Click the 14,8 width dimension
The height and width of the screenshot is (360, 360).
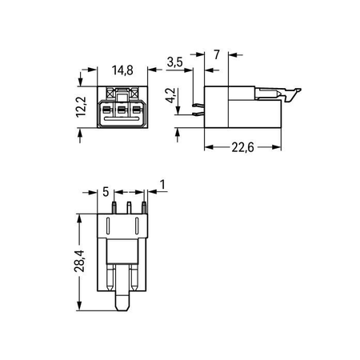click(x=122, y=70)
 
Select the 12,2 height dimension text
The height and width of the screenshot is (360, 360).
click(x=81, y=107)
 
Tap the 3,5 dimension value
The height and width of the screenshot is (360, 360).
click(x=175, y=62)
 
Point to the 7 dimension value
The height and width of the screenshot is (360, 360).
click(x=217, y=54)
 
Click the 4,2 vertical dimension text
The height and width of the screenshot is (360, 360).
click(x=170, y=95)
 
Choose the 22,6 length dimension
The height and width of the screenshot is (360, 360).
click(x=242, y=147)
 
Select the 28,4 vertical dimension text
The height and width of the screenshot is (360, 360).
click(x=79, y=261)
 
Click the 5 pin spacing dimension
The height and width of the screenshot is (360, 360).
click(x=106, y=192)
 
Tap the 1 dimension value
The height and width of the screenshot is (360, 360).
click(x=162, y=185)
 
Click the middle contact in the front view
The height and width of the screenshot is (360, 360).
click(x=122, y=110)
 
